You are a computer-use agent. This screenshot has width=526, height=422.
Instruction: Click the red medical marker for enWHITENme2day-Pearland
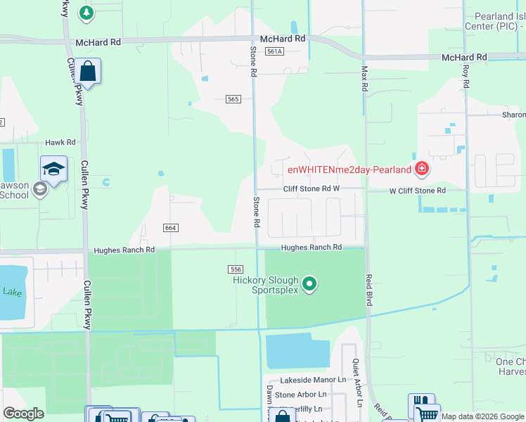point(421,169)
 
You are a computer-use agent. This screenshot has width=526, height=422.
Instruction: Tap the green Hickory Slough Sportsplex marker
point(310,285)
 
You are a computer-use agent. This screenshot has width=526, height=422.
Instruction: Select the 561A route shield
point(274,51)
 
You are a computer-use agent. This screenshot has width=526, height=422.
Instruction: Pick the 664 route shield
point(170,228)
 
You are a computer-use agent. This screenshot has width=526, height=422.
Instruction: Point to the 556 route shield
point(236,269)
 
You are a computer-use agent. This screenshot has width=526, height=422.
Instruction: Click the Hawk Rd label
point(60,142)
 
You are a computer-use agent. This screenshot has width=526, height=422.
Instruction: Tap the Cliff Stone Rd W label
point(312,189)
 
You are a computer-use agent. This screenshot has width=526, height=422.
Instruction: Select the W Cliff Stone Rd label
point(418,191)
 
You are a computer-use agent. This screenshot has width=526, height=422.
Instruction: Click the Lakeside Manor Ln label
point(313,380)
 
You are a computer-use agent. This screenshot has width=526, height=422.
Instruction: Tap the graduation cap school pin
point(53,169)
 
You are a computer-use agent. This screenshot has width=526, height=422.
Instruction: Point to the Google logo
point(23,414)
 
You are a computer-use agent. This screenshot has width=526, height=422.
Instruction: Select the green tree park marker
point(86,12)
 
